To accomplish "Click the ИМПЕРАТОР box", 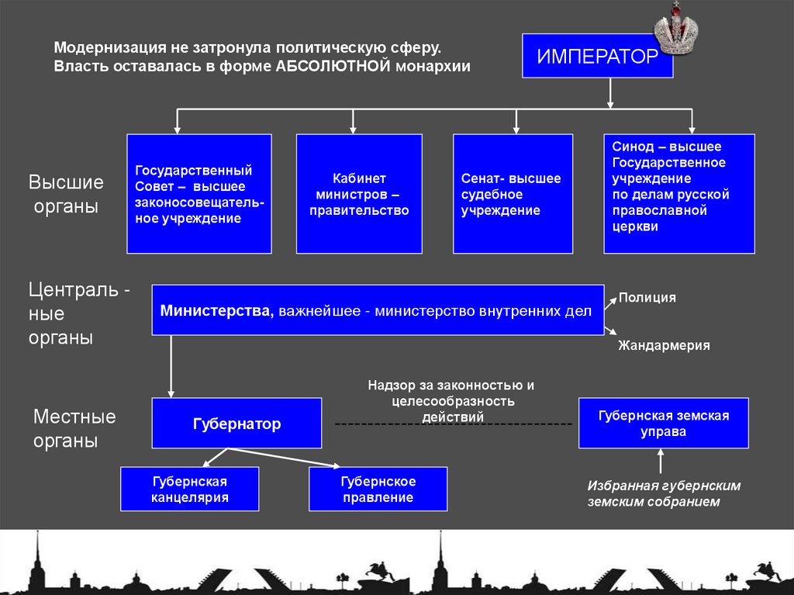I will coord(597,56).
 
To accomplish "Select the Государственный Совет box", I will coord(199,194).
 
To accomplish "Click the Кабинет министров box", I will coord(359,194).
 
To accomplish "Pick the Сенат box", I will coord(513,194).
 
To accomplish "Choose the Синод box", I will coord(678,194).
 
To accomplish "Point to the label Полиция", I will coord(647,297).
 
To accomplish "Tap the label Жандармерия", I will coord(664,346).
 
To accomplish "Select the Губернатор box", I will coord(236,424).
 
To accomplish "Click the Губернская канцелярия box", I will coord(189,489).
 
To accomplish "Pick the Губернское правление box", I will coord(378,489).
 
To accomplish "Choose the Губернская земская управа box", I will coord(663,424).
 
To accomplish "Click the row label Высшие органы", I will coord(66,195).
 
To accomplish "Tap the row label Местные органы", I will coord(74,429).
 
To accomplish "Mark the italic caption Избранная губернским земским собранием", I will coord(664,493).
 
